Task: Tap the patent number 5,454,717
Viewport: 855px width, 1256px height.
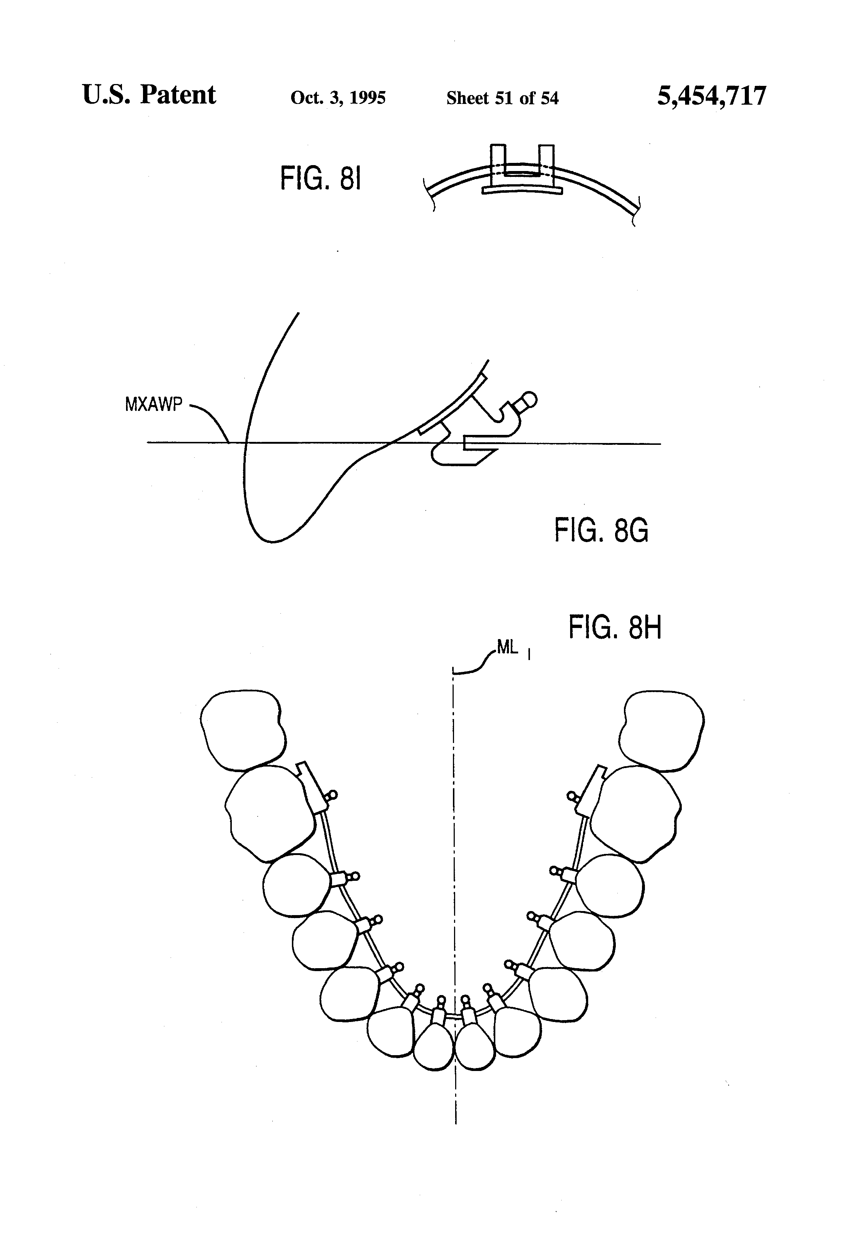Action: coord(711,97)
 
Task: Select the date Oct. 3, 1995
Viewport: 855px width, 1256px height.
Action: coord(338,98)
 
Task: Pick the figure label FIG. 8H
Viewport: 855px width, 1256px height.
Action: coord(614,628)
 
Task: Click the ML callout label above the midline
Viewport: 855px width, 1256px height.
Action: coord(507,648)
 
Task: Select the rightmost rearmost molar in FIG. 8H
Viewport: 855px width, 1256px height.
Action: coord(662,730)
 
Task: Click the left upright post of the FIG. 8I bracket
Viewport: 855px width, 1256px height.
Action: coord(498,161)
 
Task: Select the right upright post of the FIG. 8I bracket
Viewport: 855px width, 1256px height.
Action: coord(547,161)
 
